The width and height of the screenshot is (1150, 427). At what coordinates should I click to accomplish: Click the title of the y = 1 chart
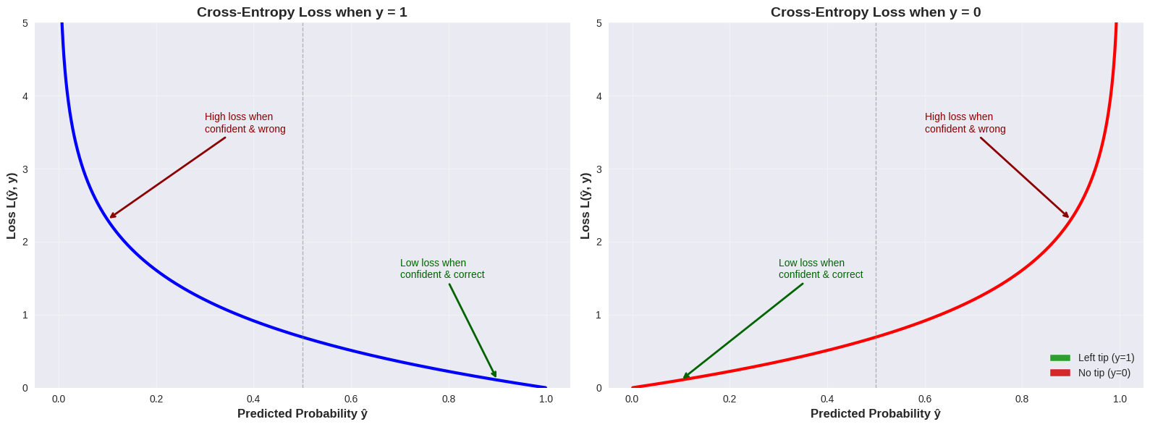tap(302, 12)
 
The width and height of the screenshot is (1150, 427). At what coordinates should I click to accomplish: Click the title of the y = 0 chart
tap(875, 12)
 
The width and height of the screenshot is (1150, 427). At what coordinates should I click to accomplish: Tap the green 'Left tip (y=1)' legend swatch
tap(1060, 358)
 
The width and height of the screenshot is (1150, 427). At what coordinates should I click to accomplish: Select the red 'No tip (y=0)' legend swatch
tap(1060, 373)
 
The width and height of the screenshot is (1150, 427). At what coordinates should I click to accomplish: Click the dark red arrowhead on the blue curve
tap(111, 216)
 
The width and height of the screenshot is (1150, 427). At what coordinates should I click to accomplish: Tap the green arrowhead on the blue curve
tap(496, 376)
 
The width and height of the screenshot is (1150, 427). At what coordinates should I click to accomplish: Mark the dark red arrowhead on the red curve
tap(1067, 216)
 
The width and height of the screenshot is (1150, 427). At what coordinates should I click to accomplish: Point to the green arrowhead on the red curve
tap(685, 377)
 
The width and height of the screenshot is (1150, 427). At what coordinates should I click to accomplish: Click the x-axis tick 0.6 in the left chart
tap(351, 399)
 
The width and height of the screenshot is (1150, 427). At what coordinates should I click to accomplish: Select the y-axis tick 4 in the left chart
tap(25, 96)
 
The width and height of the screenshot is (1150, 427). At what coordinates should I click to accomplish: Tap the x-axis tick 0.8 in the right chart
tap(1022, 399)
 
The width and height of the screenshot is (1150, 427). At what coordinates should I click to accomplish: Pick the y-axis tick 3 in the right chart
tap(599, 169)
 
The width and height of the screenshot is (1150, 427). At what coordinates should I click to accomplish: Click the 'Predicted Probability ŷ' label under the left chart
tap(302, 413)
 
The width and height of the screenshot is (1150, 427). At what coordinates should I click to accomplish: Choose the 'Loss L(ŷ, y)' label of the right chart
tap(585, 206)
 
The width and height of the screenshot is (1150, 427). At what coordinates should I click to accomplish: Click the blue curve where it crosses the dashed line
tap(303, 337)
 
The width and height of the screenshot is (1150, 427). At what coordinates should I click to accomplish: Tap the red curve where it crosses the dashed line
tap(876, 337)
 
